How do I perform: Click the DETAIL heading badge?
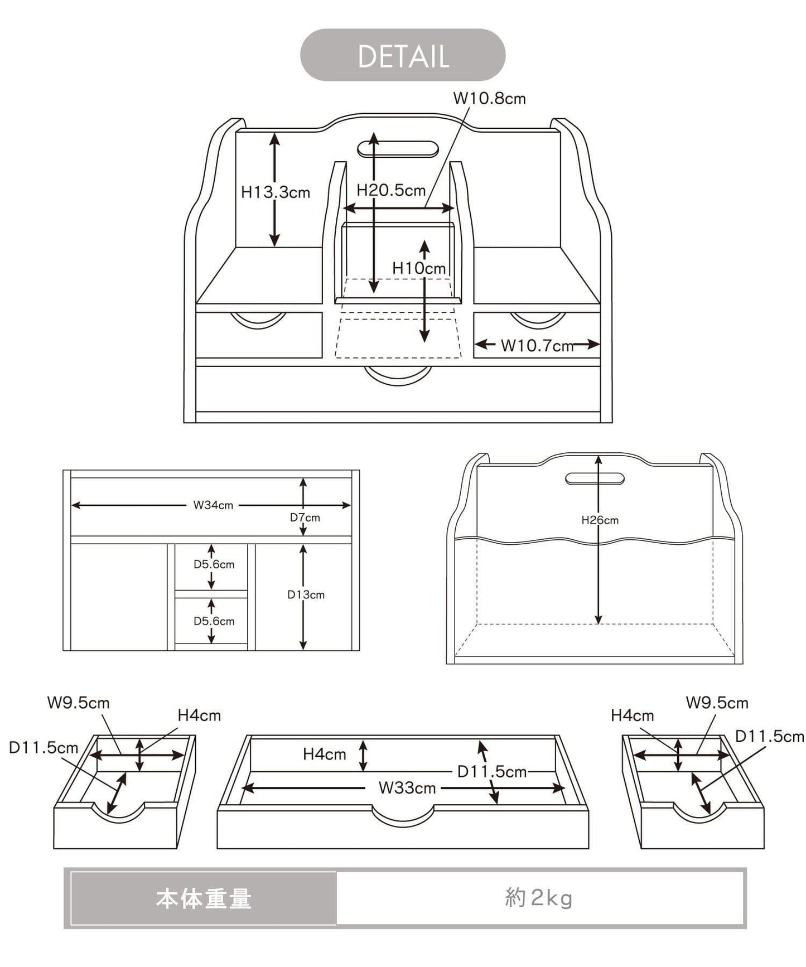403,55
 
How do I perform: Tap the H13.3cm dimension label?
276,192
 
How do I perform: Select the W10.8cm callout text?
489,99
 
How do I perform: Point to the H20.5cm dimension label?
391,190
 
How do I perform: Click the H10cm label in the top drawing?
419,268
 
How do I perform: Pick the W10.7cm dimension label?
537,346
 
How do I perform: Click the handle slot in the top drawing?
397,149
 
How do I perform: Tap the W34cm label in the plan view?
213,505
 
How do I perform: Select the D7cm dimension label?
305,518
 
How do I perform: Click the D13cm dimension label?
306,594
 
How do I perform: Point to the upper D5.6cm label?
214,564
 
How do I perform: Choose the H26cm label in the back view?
600,520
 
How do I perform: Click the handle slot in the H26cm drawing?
595,478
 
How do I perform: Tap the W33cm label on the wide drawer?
407,788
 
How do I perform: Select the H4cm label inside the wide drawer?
325,754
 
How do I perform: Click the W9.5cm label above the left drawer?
78,703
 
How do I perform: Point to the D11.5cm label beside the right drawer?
769,737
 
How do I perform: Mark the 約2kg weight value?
539,898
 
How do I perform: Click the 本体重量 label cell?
204,898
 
